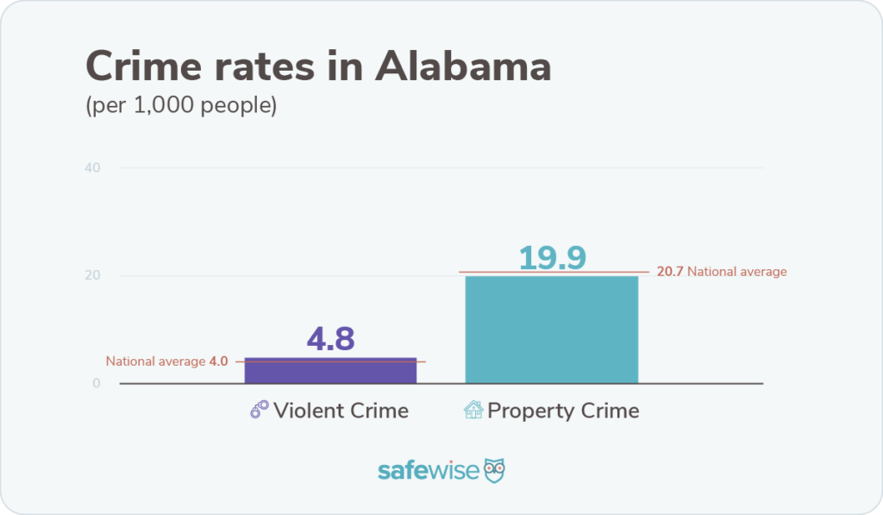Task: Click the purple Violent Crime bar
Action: pos(330,371)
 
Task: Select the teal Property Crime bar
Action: pos(551,330)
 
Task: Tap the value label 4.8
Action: pos(330,339)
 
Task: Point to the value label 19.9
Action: pos(552,257)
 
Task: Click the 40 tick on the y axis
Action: pos(93,167)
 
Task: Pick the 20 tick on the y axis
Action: pos(93,276)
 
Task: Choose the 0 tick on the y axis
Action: pos(97,384)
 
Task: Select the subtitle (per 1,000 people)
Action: pos(180,108)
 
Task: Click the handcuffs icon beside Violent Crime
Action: pos(260,410)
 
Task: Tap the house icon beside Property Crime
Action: pos(473,410)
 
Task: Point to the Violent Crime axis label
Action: pos(341,410)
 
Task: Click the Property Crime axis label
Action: pos(563,410)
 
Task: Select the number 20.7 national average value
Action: pos(669,272)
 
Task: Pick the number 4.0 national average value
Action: pos(218,361)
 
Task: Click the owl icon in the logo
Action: pos(494,470)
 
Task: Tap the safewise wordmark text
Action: pos(428,471)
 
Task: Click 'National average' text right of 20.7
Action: pos(737,272)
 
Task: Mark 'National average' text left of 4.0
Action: pos(155,361)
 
